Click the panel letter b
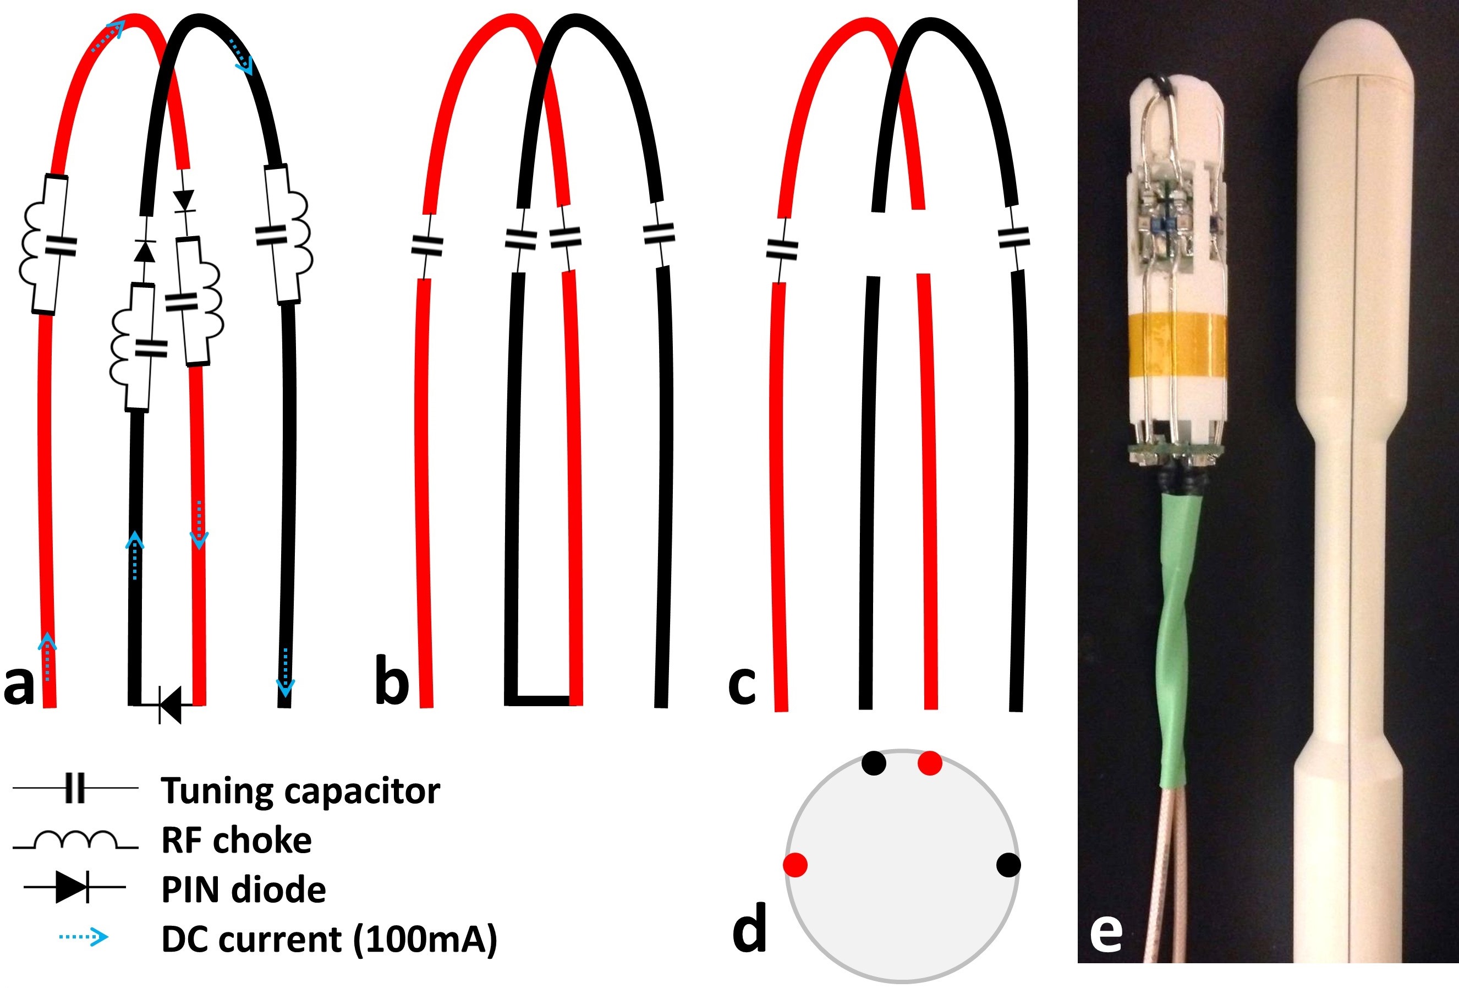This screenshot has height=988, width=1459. tap(392, 680)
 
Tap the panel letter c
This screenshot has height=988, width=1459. tap(742, 685)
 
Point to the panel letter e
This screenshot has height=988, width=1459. tap(1106, 933)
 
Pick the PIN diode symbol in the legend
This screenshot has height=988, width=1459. tap(74, 887)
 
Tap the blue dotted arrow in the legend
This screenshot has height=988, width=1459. tap(84, 938)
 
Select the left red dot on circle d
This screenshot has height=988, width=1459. tap(796, 865)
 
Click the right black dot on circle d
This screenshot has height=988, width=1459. tap(1008, 865)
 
